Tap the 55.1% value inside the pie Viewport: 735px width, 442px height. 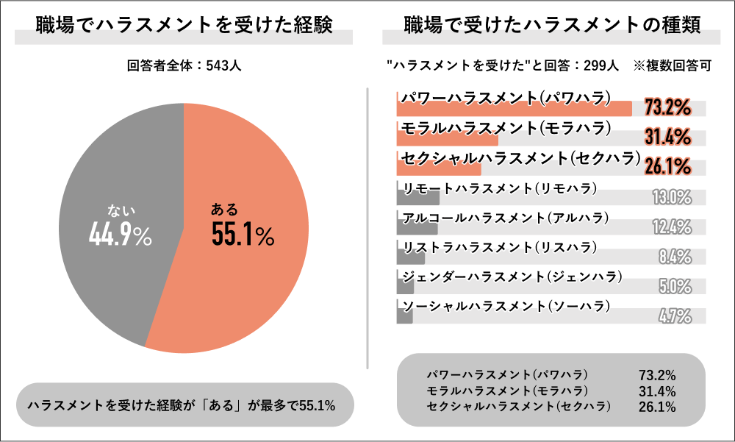(242, 235)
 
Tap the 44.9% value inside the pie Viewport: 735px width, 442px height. (120, 235)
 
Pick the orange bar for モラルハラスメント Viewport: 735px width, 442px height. (447, 139)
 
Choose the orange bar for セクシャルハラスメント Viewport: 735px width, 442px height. (438, 168)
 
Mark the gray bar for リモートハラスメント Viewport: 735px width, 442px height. (417, 198)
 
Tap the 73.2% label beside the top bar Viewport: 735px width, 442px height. (667, 108)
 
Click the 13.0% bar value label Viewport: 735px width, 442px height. (672, 197)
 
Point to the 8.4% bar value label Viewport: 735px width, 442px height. (675, 257)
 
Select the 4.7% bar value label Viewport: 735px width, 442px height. (675, 316)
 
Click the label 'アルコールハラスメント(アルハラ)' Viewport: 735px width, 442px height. (506, 217)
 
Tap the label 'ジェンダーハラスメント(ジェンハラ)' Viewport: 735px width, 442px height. (512, 277)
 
